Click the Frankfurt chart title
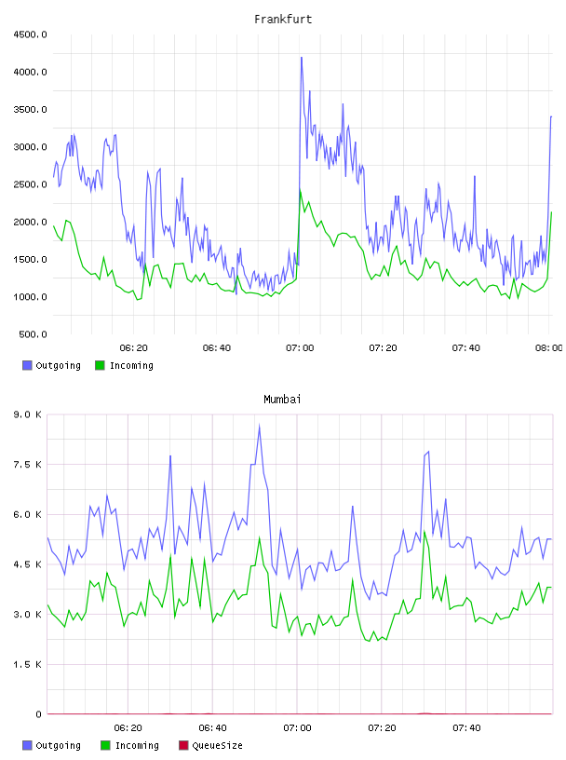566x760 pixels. [x=283, y=20]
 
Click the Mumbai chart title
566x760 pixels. [x=282, y=400]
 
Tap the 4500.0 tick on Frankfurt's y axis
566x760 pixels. [x=30, y=34]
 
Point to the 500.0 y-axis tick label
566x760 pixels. [x=33, y=334]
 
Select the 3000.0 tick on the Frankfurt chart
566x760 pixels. [x=30, y=147]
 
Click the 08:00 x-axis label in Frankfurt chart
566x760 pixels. [x=548, y=348]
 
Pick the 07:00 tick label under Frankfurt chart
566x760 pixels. [x=300, y=348]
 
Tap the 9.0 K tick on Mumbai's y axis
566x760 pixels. [x=27, y=414]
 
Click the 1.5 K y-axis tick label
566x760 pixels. [x=27, y=664]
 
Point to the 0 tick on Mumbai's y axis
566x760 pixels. [x=38, y=714]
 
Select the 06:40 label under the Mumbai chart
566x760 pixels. [x=213, y=728]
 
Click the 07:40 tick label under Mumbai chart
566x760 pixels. [x=466, y=728]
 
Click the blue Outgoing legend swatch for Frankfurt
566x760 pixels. [x=27, y=365]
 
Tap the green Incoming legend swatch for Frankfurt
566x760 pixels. [x=100, y=365]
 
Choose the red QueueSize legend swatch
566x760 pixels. [x=183, y=745]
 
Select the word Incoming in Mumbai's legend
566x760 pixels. [x=137, y=745]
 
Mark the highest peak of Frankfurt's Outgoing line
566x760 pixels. [x=302, y=57]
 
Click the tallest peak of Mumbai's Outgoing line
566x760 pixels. [x=260, y=425]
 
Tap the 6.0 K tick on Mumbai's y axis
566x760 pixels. [x=27, y=515]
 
